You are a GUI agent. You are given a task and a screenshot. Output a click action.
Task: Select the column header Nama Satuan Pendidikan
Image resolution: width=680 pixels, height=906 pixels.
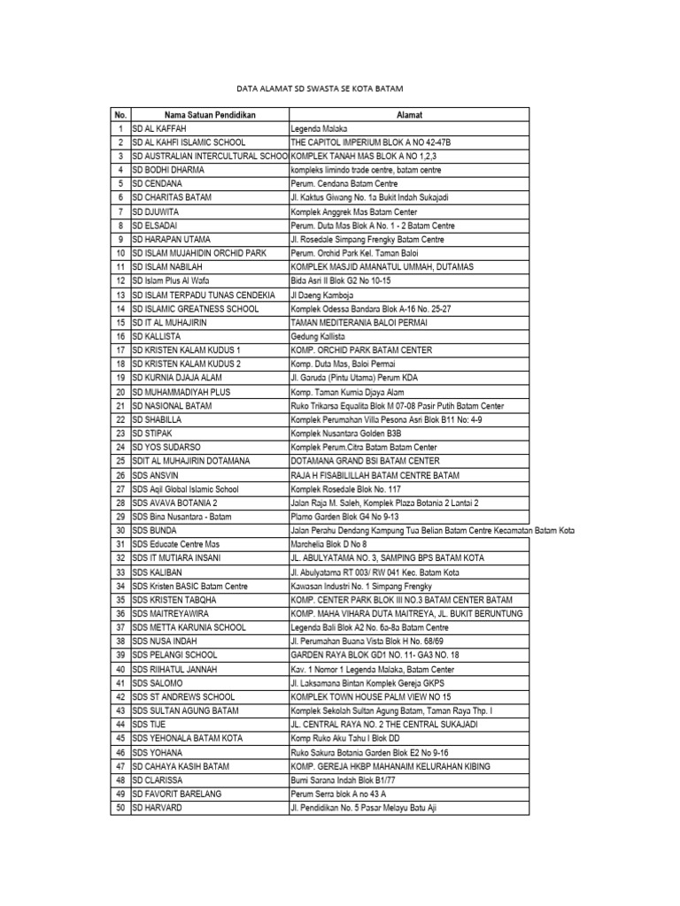[209, 115]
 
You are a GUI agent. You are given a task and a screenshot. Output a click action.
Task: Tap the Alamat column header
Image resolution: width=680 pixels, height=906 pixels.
[408, 115]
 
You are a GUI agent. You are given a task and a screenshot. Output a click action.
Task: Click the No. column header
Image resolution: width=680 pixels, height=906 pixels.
[120, 115]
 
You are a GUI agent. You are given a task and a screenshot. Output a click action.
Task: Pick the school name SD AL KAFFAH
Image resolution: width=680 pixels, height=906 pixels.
[159, 128]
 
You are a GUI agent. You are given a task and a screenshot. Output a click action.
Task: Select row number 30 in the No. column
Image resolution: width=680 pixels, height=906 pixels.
[120, 531]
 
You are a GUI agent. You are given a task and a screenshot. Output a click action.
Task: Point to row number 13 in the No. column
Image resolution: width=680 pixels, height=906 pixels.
[120, 296]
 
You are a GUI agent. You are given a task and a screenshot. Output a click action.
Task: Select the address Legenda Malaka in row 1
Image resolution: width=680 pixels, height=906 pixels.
[319, 128]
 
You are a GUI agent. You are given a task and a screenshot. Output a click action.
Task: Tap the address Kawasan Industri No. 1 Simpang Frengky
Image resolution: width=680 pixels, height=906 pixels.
[365, 586]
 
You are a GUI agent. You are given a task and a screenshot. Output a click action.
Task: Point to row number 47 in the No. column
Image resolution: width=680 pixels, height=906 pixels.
[120, 766]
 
